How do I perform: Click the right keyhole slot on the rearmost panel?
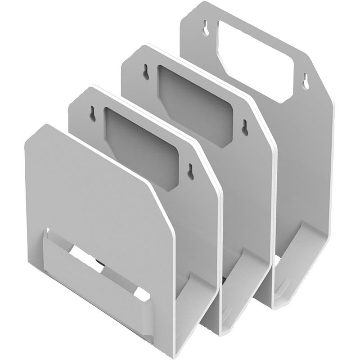pyautogui.click(x=306, y=80)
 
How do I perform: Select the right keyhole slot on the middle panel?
pyautogui.click(x=244, y=127)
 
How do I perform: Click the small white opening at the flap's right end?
pyautogui.click(x=143, y=295)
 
